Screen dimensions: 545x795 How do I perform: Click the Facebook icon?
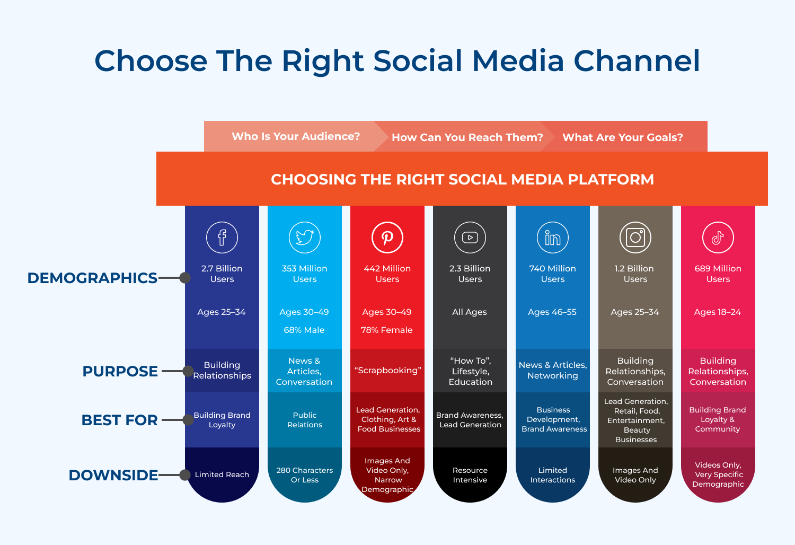[x=222, y=238]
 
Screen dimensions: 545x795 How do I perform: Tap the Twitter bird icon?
[x=305, y=238]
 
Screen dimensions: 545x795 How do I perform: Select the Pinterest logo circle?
[x=387, y=238]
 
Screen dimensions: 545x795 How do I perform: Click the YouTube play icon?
[x=470, y=238]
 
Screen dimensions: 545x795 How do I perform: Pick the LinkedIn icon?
[x=553, y=238]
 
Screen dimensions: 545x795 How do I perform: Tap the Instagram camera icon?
[x=635, y=238]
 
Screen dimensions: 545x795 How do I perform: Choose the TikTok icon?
[x=718, y=238]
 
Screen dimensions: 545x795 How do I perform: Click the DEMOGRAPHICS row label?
[x=92, y=278]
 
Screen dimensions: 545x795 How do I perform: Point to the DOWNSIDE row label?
[x=113, y=475]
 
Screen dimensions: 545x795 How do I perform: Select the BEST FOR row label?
[x=120, y=420]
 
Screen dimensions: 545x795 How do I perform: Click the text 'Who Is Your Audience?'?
[x=296, y=136]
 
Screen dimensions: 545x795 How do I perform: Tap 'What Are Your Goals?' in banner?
[x=622, y=137]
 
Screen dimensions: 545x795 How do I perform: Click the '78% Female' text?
[x=387, y=330]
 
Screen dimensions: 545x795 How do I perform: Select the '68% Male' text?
[x=304, y=330]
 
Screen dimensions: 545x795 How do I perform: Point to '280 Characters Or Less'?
[x=305, y=475]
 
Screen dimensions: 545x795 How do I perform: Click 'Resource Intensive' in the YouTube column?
[x=470, y=475]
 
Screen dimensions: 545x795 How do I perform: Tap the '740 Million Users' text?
[x=553, y=274]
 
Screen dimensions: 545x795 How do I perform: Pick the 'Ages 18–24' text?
[x=718, y=312]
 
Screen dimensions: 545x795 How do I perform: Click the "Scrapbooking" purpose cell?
[x=387, y=370]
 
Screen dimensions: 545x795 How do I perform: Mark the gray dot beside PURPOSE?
[x=188, y=371]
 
